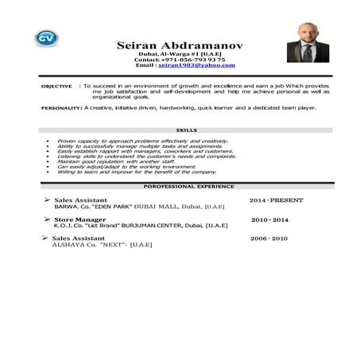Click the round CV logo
(47, 38)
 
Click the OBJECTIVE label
(56, 85)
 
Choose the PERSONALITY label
(60, 106)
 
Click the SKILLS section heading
(188, 130)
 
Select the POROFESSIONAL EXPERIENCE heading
(188, 186)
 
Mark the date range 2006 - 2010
(269, 238)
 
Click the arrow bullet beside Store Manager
(48, 219)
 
